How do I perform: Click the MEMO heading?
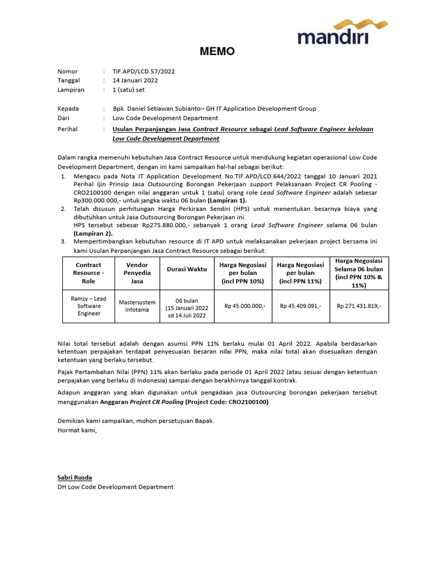coord(216,52)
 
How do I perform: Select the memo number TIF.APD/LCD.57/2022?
coord(144,71)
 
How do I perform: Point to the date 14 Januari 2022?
coord(135,80)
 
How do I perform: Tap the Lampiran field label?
coord(70,89)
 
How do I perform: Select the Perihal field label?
coord(68,129)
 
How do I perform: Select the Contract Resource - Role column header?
coord(89,273)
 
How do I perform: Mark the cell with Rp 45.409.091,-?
coord(300,306)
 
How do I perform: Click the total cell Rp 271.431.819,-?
coord(358,306)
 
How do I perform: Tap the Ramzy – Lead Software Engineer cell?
coord(89,306)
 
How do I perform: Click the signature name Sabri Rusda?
coord(75,477)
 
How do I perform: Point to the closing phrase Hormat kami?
coord(77,430)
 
